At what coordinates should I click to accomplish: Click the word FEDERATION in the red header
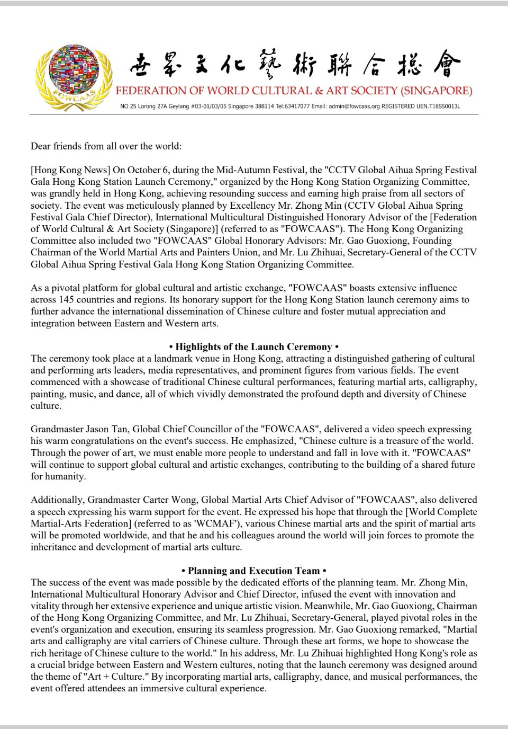[145, 91]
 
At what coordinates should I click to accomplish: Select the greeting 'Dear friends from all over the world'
[106, 146]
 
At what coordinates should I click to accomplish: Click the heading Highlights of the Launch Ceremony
[253, 347]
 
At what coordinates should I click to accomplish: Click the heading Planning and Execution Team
[253, 571]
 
